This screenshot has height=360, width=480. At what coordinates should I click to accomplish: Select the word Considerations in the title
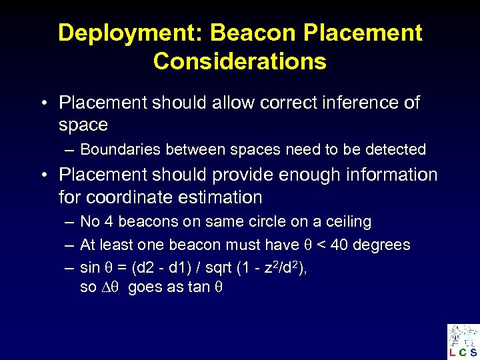[239, 61]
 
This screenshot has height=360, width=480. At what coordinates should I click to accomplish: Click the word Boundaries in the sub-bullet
[119, 149]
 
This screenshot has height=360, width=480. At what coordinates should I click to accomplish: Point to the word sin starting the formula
[89, 269]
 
